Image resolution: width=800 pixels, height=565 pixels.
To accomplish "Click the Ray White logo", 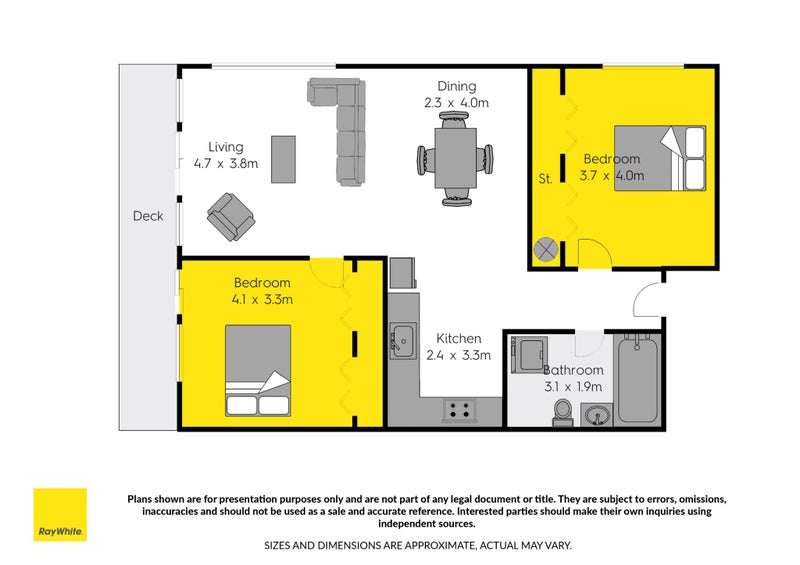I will [x=60, y=514].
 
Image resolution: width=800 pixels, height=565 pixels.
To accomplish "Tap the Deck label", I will [x=147, y=216].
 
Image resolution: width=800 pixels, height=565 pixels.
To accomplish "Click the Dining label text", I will [x=456, y=86].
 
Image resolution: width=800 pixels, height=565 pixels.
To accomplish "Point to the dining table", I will [x=456, y=158].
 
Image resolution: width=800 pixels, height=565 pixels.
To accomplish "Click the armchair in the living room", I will [x=230, y=215].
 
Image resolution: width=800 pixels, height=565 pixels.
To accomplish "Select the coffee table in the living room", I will [x=284, y=159].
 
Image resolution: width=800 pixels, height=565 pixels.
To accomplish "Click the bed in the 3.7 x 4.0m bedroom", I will [x=660, y=158].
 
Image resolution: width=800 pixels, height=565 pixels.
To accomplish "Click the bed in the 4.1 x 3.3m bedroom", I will [x=258, y=370].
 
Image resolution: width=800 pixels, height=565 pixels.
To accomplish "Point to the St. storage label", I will [x=546, y=180].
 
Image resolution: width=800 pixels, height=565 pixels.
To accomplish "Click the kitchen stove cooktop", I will [x=460, y=409].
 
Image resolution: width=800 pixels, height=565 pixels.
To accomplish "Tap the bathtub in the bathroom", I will [x=637, y=380].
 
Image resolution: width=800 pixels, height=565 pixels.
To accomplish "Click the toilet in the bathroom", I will [x=563, y=411].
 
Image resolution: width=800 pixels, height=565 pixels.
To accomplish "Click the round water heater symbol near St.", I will [x=547, y=248].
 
